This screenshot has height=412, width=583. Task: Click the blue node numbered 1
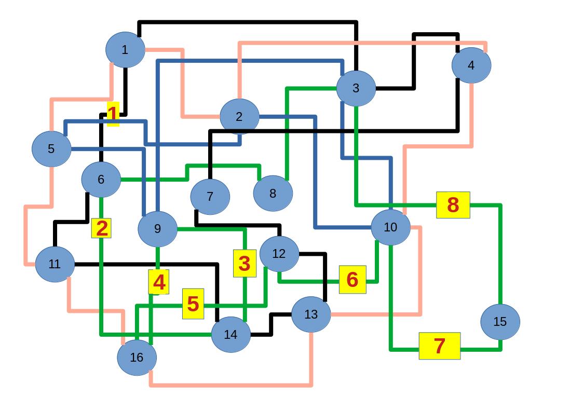pyautogui.click(x=125, y=50)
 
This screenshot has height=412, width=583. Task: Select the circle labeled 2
pyautogui.click(x=239, y=117)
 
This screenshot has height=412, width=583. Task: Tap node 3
pyautogui.click(x=356, y=88)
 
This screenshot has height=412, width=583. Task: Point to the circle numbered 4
pyautogui.click(x=471, y=65)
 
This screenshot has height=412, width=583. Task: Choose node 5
pyautogui.click(x=51, y=149)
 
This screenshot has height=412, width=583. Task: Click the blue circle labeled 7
pyautogui.click(x=210, y=197)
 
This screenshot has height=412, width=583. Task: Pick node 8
pyautogui.click(x=273, y=193)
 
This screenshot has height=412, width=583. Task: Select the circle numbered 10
pyautogui.click(x=390, y=227)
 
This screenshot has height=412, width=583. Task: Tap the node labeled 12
pyautogui.click(x=279, y=254)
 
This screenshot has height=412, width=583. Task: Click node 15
pyautogui.click(x=499, y=322)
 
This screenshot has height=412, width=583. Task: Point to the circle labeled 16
pyautogui.click(x=137, y=357)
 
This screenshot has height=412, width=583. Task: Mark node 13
pyautogui.click(x=310, y=314)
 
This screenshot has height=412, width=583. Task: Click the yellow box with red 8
pyautogui.click(x=453, y=205)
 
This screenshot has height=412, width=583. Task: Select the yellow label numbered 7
pyautogui.click(x=439, y=346)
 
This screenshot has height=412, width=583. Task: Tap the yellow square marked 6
pyautogui.click(x=352, y=279)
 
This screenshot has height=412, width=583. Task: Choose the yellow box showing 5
pyautogui.click(x=193, y=304)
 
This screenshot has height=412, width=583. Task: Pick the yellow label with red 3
pyautogui.click(x=245, y=263)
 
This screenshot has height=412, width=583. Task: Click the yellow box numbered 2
pyautogui.click(x=101, y=228)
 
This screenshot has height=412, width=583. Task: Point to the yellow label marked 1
pyautogui.click(x=113, y=114)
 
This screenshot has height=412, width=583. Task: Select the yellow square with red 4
pyautogui.click(x=158, y=282)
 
